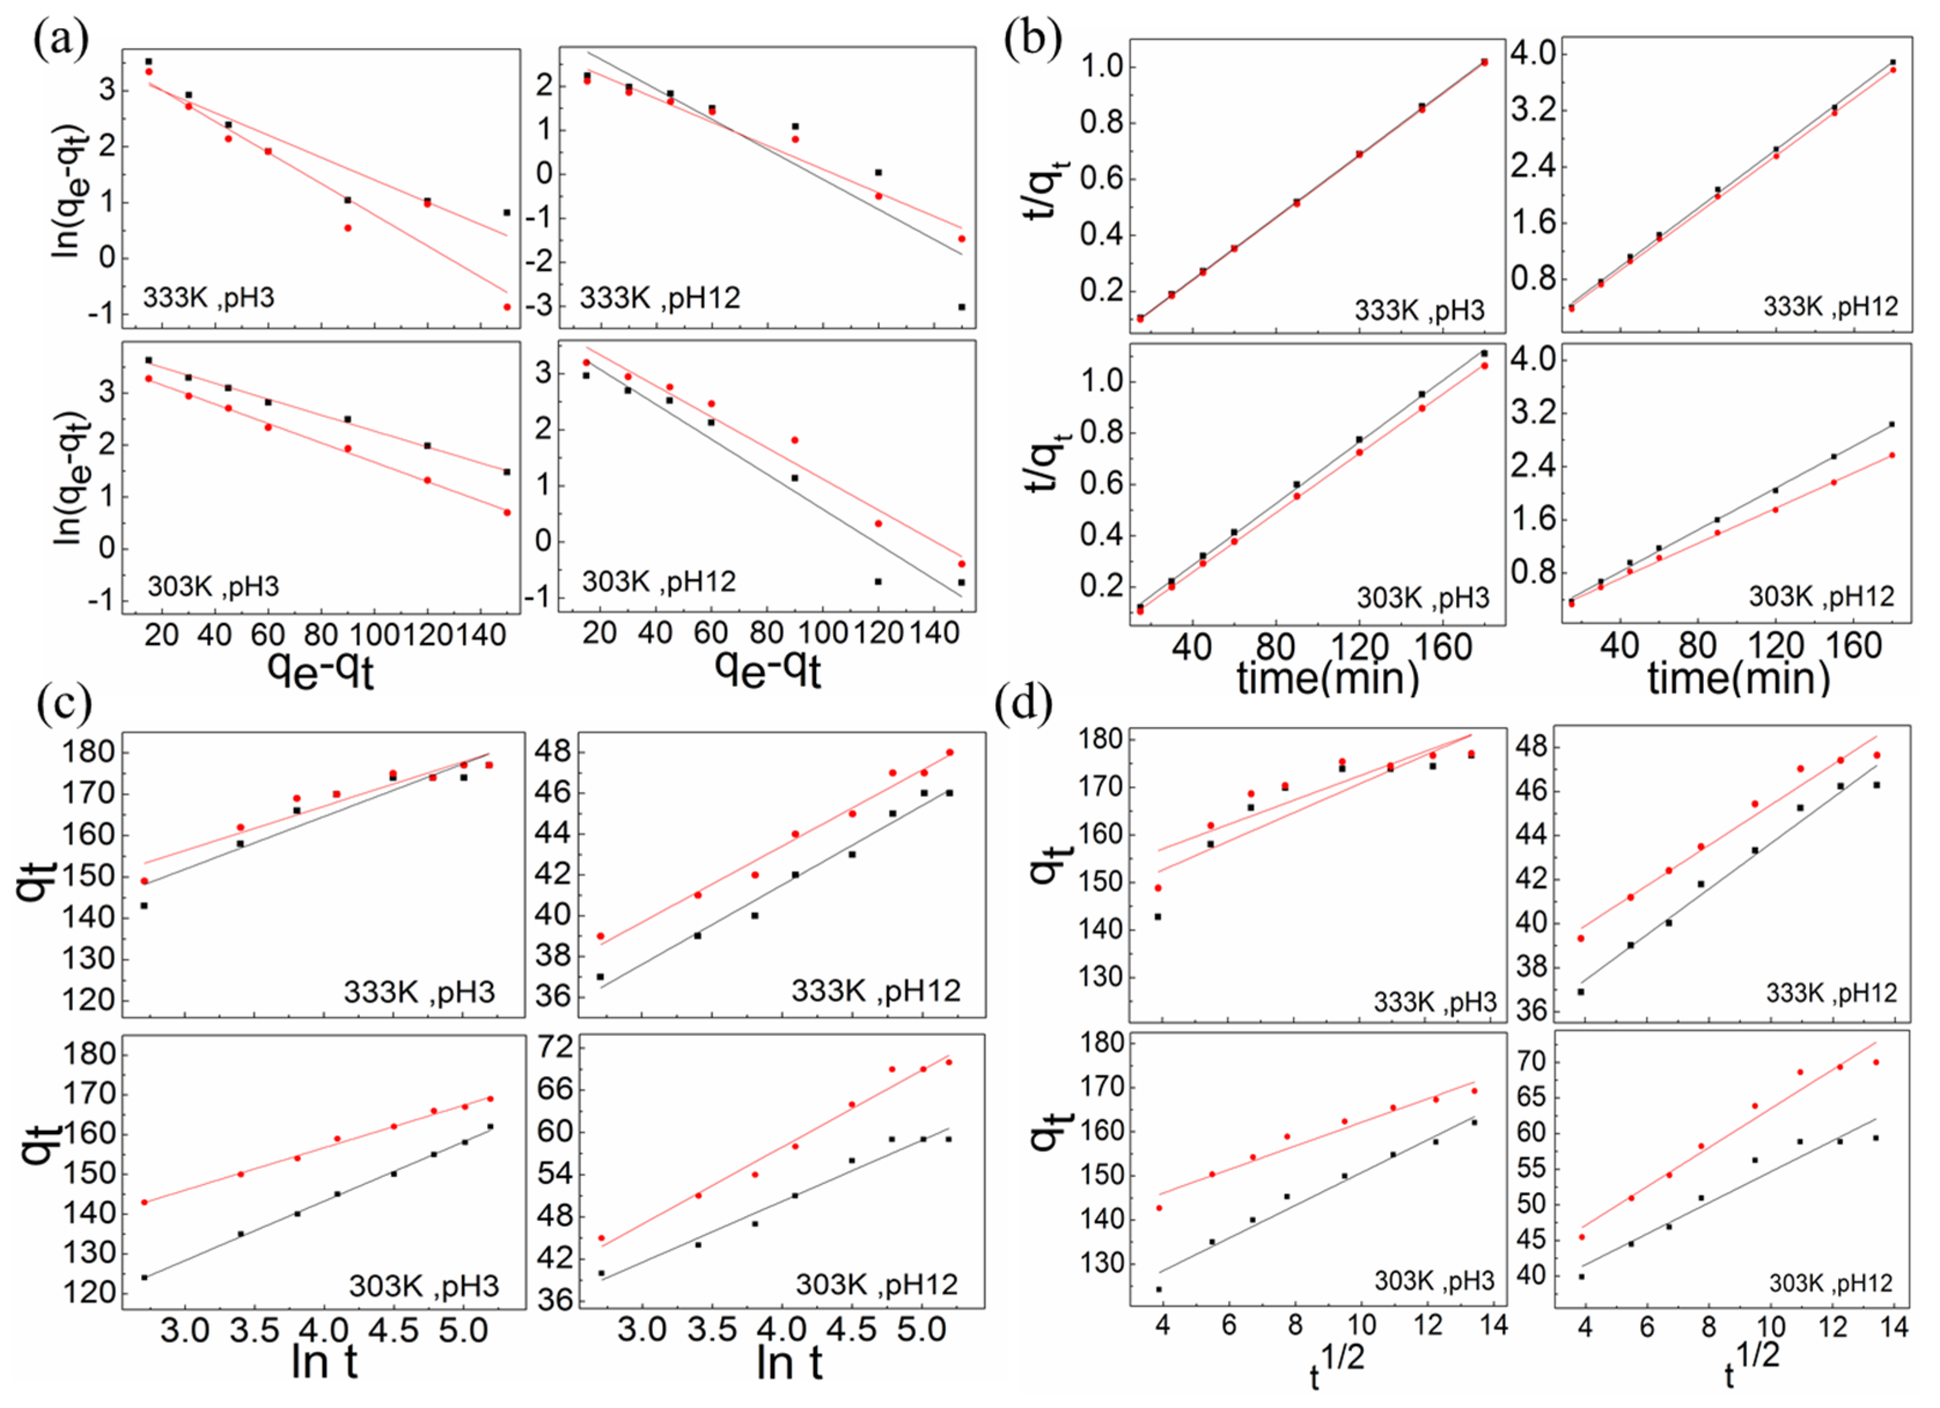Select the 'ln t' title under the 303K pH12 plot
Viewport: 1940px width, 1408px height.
[x=789, y=1361]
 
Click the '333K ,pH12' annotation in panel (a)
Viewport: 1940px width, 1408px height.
[x=660, y=298]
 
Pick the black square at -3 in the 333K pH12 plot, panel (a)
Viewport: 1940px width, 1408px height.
[x=961, y=306]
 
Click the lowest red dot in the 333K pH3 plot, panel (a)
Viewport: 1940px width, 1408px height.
[x=506, y=306]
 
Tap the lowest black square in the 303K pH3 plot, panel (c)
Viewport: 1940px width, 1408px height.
[x=145, y=1277]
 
